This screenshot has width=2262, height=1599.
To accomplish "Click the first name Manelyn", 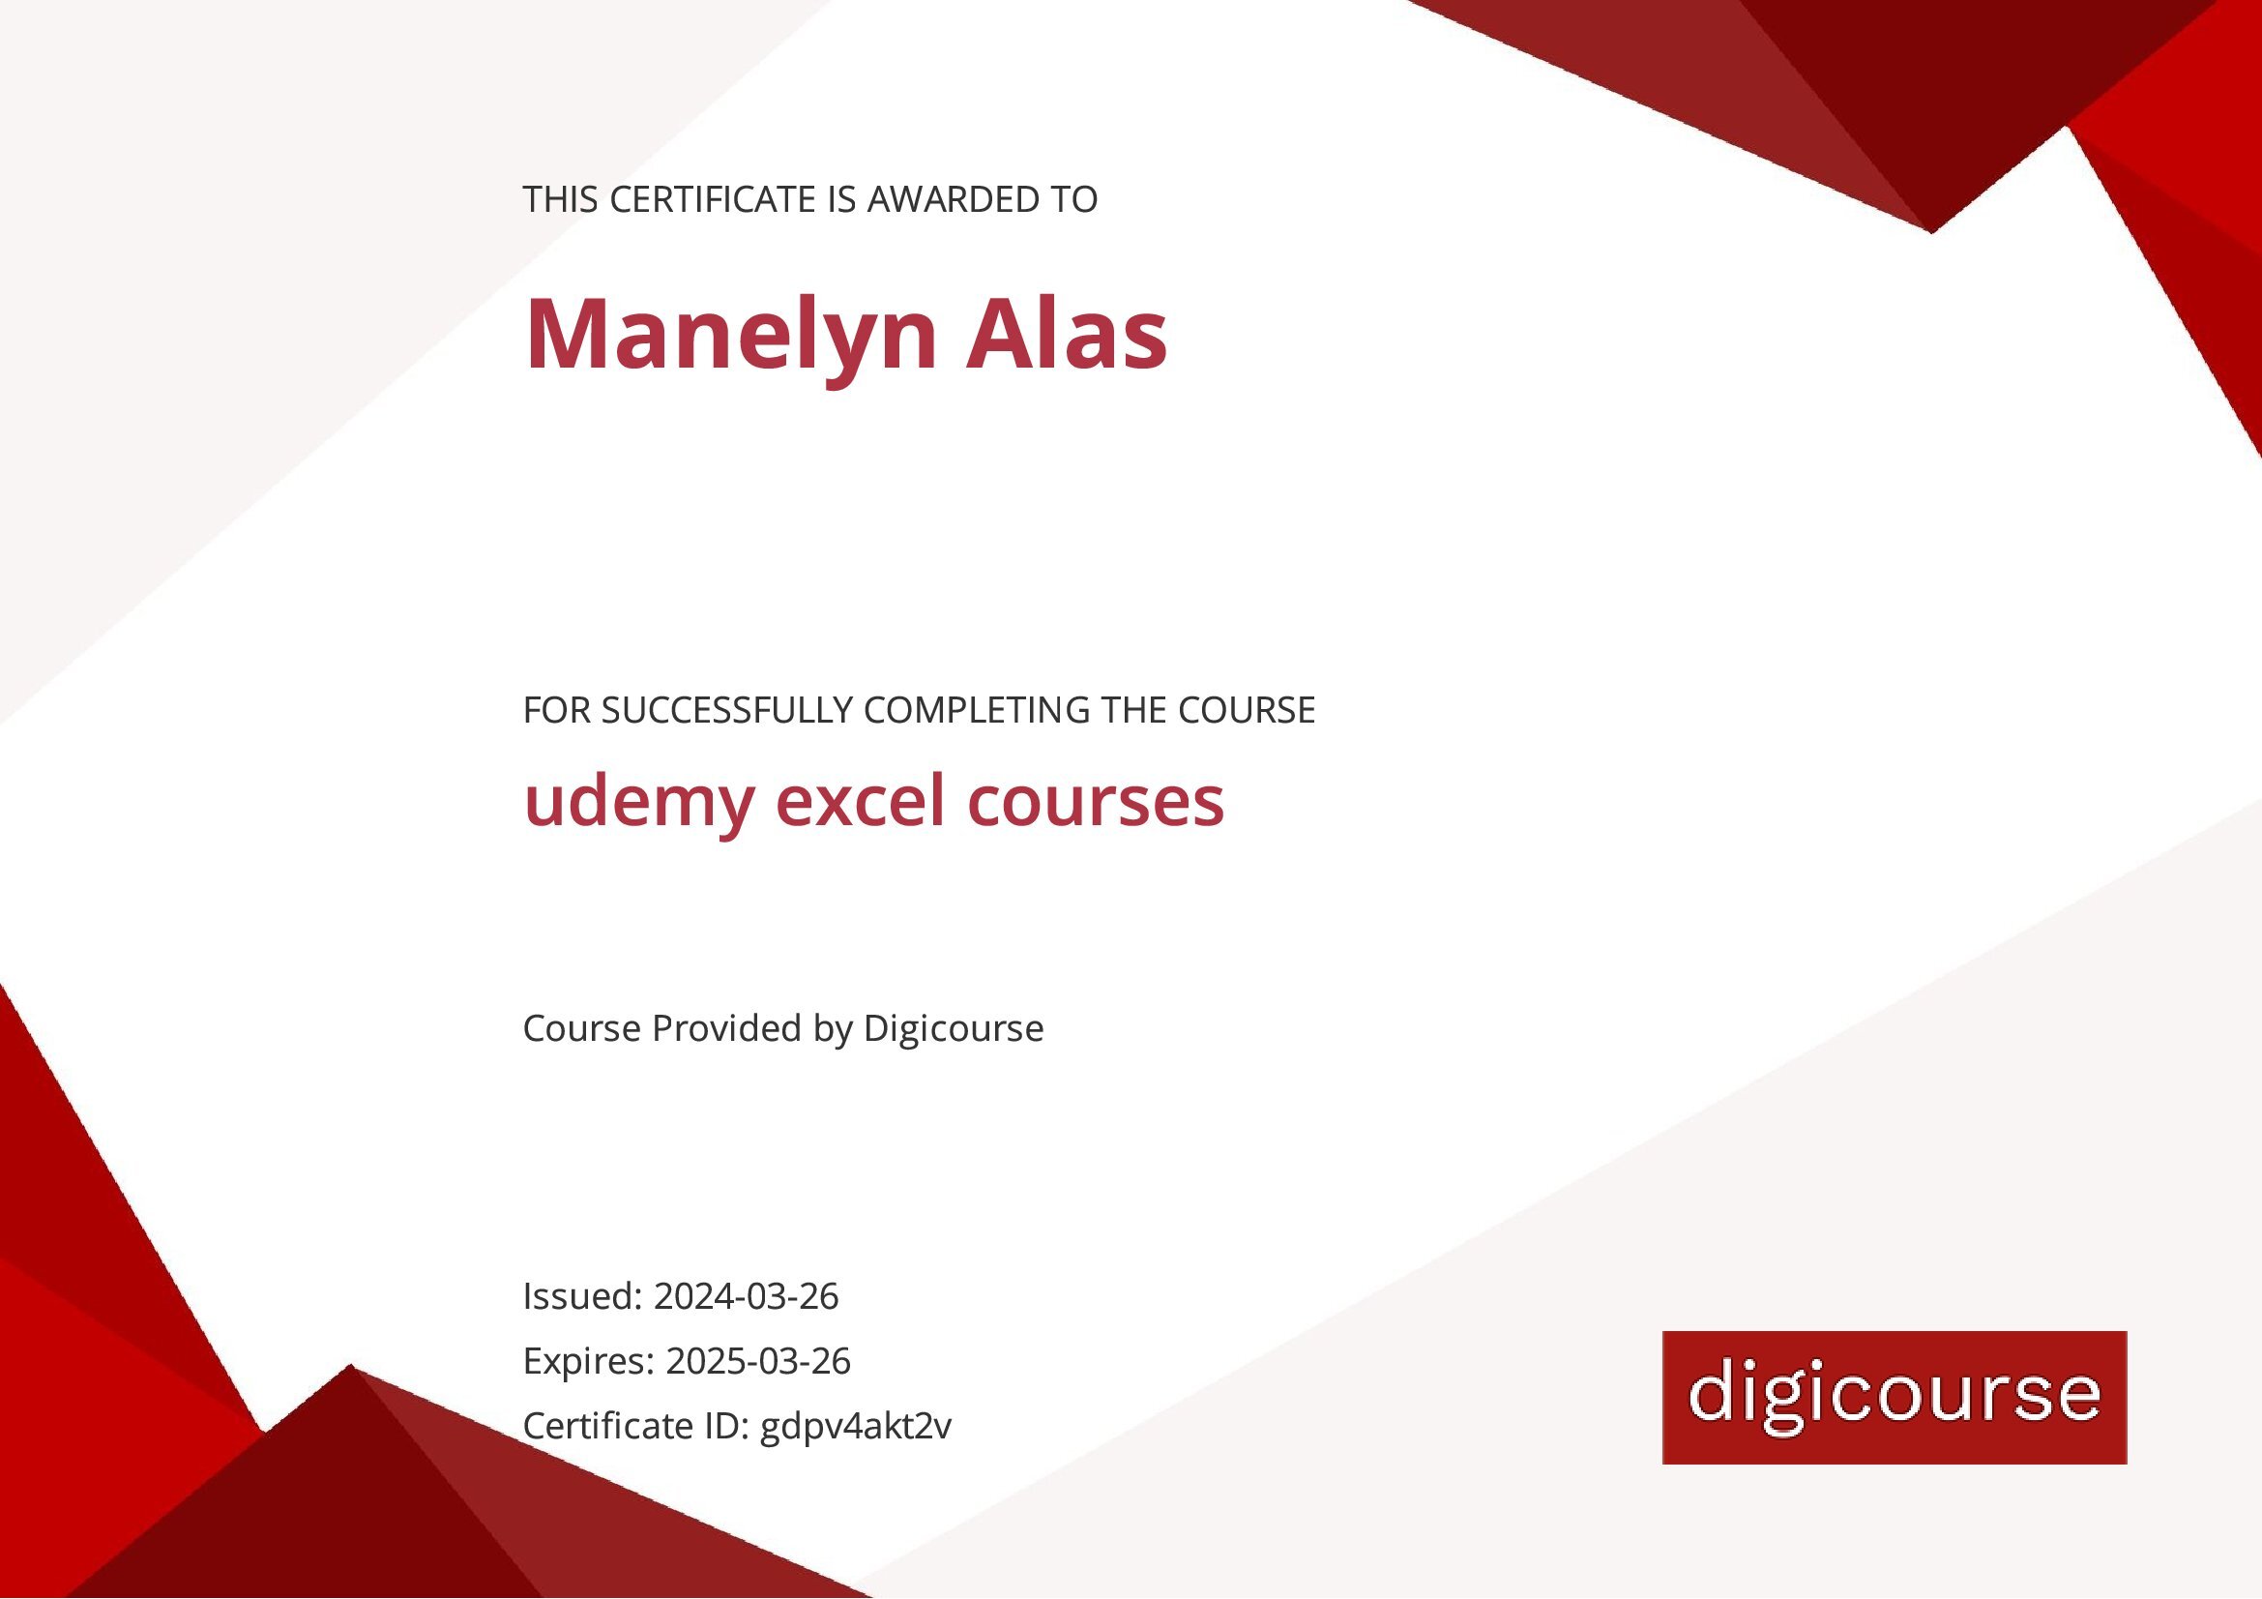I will (730, 335).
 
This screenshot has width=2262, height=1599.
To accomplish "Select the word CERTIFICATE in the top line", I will (713, 200).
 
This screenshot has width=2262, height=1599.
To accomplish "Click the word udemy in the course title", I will (638, 802).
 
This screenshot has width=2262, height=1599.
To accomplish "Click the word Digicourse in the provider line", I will (953, 1028).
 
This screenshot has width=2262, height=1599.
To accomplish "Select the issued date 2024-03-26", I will (746, 1296).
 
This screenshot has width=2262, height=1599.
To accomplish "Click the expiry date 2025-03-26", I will (757, 1362).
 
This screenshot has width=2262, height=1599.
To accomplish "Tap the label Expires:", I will (588, 1362).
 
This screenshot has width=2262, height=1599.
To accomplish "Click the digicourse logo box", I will (1894, 1397).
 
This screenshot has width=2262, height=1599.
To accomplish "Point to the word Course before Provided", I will (581, 1028).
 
